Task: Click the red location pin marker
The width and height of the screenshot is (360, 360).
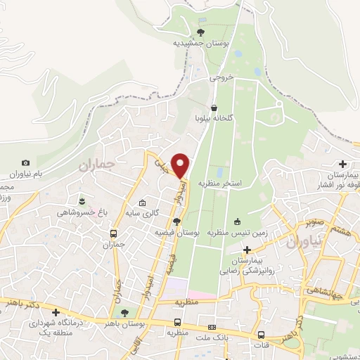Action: (181, 165)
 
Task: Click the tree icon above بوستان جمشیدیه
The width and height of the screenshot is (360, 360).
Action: (201, 32)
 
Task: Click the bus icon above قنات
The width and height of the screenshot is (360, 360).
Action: (262, 335)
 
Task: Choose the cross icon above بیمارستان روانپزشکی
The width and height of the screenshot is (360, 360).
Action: (247, 250)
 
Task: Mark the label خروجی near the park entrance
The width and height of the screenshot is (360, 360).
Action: (220, 79)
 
